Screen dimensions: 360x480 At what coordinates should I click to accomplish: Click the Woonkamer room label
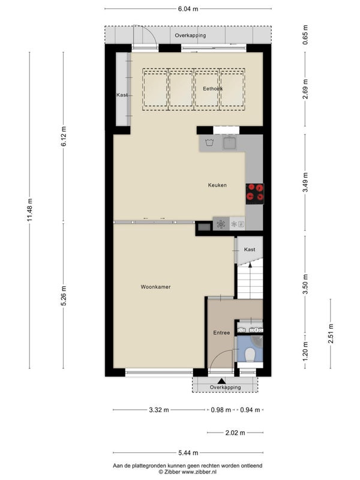[x=155, y=287]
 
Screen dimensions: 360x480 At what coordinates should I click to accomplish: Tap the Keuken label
[x=217, y=185]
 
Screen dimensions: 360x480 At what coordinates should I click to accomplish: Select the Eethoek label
[x=213, y=89]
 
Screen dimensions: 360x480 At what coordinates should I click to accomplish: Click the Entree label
[x=221, y=333]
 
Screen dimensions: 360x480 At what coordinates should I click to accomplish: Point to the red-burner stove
[x=254, y=194]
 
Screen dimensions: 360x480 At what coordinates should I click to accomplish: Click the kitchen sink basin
[x=230, y=143]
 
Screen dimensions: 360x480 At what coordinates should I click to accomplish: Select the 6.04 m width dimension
[x=188, y=9]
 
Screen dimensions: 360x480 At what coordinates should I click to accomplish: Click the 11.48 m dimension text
[x=29, y=210]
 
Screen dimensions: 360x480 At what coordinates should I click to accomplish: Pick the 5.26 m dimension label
[x=64, y=296]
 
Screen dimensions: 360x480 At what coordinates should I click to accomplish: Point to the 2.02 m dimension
[x=235, y=433]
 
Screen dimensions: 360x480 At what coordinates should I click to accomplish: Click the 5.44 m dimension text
[x=188, y=453]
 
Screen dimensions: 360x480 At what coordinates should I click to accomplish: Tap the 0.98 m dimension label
[x=221, y=410]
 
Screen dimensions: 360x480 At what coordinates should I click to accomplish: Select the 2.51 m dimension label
[x=331, y=334]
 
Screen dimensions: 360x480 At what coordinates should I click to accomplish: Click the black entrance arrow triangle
[x=221, y=381]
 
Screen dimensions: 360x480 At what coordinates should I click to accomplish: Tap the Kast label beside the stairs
[x=250, y=250]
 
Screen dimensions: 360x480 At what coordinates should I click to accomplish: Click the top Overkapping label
[x=190, y=35]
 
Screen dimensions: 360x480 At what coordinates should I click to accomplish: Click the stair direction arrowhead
[x=250, y=265]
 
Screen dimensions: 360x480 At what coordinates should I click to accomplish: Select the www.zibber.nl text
[x=199, y=472]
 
